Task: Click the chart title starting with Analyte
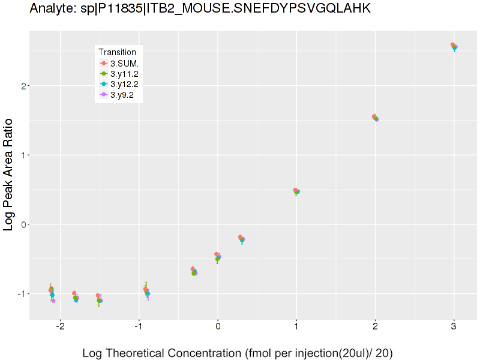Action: tap(200, 8)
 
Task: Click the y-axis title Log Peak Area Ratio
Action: tap(8, 175)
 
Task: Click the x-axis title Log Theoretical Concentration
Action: tap(237, 353)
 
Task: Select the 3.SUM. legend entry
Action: tap(119, 64)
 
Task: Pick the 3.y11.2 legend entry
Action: tap(119, 74)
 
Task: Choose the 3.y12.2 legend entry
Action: tap(119, 84)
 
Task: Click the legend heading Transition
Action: tap(117, 52)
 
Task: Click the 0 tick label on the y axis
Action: tap(23, 224)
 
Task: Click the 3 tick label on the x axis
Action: tap(454, 326)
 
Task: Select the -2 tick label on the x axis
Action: tap(61, 326)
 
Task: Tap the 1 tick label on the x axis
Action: tap(296, 326)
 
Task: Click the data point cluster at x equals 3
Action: tap(454, 47)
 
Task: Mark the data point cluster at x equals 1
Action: tap(296, 191)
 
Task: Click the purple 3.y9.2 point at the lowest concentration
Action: tap(53, 301)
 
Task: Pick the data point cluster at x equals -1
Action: tap(146, 291)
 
